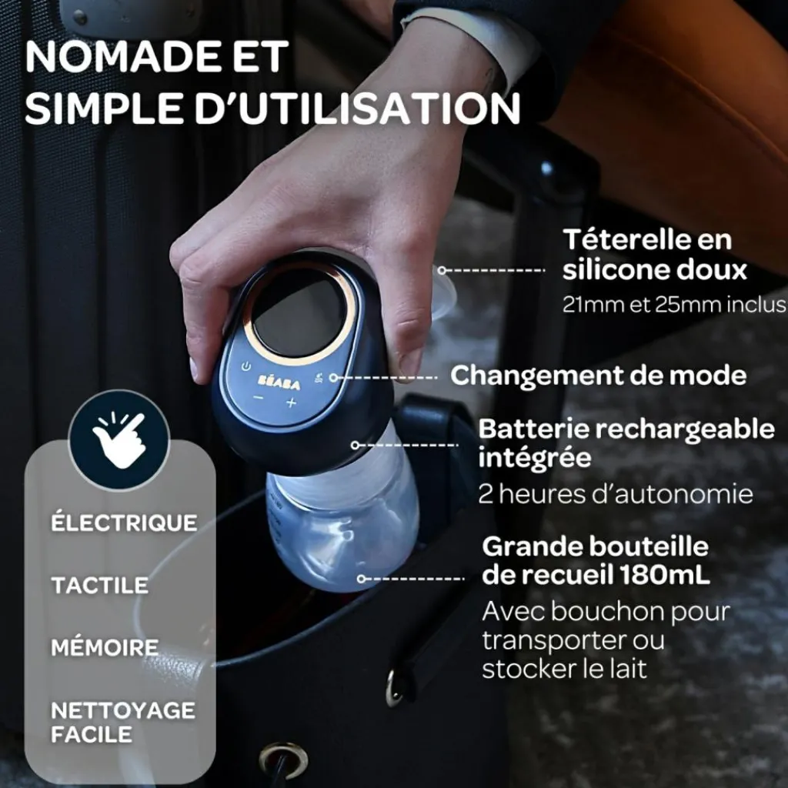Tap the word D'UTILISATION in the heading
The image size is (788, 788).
[x=358, y=108]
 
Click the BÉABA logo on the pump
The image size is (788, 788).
[x=279, y=382]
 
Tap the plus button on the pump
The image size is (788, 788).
[x=291, y=402]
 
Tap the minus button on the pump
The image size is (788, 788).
[x=259, y=398]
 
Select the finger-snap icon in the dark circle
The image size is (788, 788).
[x=119, y=440]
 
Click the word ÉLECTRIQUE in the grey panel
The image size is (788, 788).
[x=124, y=522]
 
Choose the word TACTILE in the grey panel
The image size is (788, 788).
[x=99, y=585]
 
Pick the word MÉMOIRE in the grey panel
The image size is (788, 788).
[x=105, y=646]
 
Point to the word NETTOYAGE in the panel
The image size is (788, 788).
[x=123, y=710]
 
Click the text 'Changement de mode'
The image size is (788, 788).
[x=598, y=376]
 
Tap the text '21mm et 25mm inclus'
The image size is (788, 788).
[x=674, y=305]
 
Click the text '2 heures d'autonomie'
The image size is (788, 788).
[x=616, y=494]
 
